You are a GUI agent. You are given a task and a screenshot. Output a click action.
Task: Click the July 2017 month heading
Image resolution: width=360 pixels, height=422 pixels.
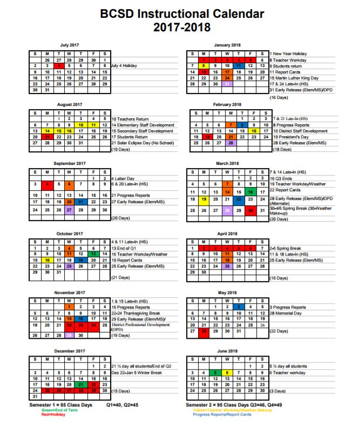point(70,44)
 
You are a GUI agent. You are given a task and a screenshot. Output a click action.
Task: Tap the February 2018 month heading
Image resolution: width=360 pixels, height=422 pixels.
point(227,104)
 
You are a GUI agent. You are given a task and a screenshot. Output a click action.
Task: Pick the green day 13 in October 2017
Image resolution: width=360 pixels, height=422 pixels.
point(93,253)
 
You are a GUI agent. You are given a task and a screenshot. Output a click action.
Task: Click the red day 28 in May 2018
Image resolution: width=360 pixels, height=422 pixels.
point(203,331)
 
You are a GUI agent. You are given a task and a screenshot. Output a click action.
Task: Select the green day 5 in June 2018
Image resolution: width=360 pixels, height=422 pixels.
point(215,372)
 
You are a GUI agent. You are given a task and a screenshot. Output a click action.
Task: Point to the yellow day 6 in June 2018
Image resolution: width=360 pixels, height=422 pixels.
point(227,372)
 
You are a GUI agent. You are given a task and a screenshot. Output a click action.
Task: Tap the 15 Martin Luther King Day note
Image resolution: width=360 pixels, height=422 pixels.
point(297,77)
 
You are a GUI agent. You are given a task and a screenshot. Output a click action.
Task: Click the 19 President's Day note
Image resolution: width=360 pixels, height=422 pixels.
point(291,137)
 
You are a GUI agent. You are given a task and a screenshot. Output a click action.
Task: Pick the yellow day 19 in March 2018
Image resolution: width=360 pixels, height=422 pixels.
point(203,198)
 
